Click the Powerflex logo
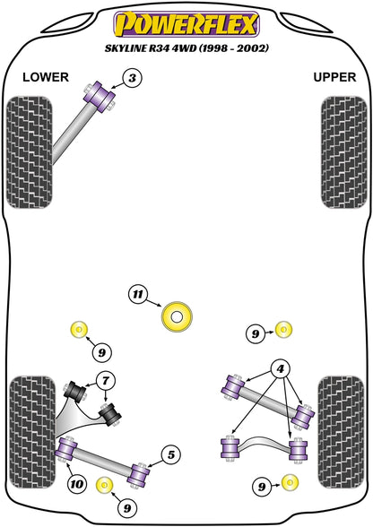186,22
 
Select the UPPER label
334,77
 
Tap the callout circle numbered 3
133,80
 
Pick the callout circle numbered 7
104,381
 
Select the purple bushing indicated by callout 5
139,471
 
